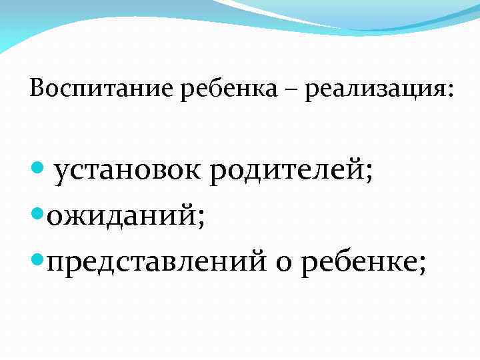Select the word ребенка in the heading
point(233,89)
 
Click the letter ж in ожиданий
point(74,216)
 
